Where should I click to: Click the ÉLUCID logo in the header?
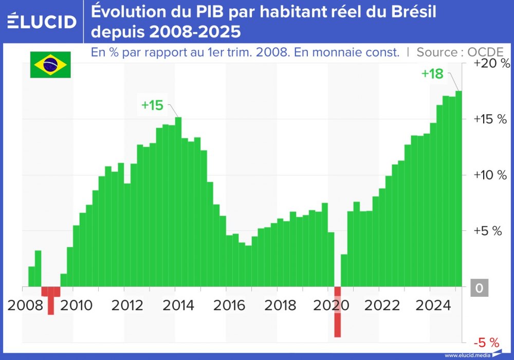point(42,22)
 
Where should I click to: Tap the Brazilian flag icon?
point(50,65)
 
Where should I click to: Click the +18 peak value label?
point(432,74)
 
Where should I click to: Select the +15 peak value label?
point(152,105)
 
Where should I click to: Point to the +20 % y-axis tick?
point(491,64)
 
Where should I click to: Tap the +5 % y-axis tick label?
point(488,231)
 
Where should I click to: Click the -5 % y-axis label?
point(486,343)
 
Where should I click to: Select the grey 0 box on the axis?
point(479,288)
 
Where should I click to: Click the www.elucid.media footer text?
point(467,355)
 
